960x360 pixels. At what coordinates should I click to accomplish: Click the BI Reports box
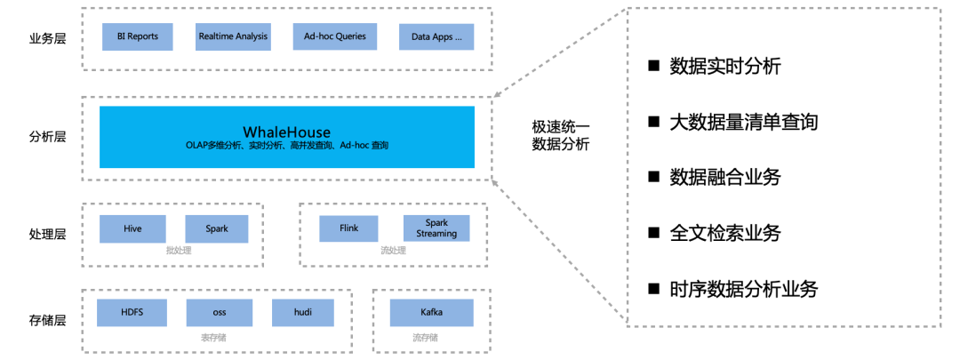[137, 36]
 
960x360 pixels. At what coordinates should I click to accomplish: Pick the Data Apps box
[436, 37]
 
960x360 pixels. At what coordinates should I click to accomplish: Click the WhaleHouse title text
[286, 132]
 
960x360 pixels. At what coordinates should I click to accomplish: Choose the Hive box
[132, 228]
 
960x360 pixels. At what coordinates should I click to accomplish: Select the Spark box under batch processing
[216, 228]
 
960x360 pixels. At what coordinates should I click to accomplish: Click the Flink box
[349, 228]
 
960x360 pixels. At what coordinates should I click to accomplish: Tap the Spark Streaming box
[436, 228]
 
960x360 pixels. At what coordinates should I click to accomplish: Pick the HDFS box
[132, 312]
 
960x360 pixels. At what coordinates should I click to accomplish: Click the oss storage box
[219, 312]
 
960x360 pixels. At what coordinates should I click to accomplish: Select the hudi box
[303, 312]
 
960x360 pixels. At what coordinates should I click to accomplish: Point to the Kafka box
[431, 312]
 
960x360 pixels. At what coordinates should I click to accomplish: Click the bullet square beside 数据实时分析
[654, 65]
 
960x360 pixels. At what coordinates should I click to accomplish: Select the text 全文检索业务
[725, 233]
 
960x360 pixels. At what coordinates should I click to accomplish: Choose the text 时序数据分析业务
[743, 289]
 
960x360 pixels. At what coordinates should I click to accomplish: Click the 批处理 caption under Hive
[178, 251]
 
